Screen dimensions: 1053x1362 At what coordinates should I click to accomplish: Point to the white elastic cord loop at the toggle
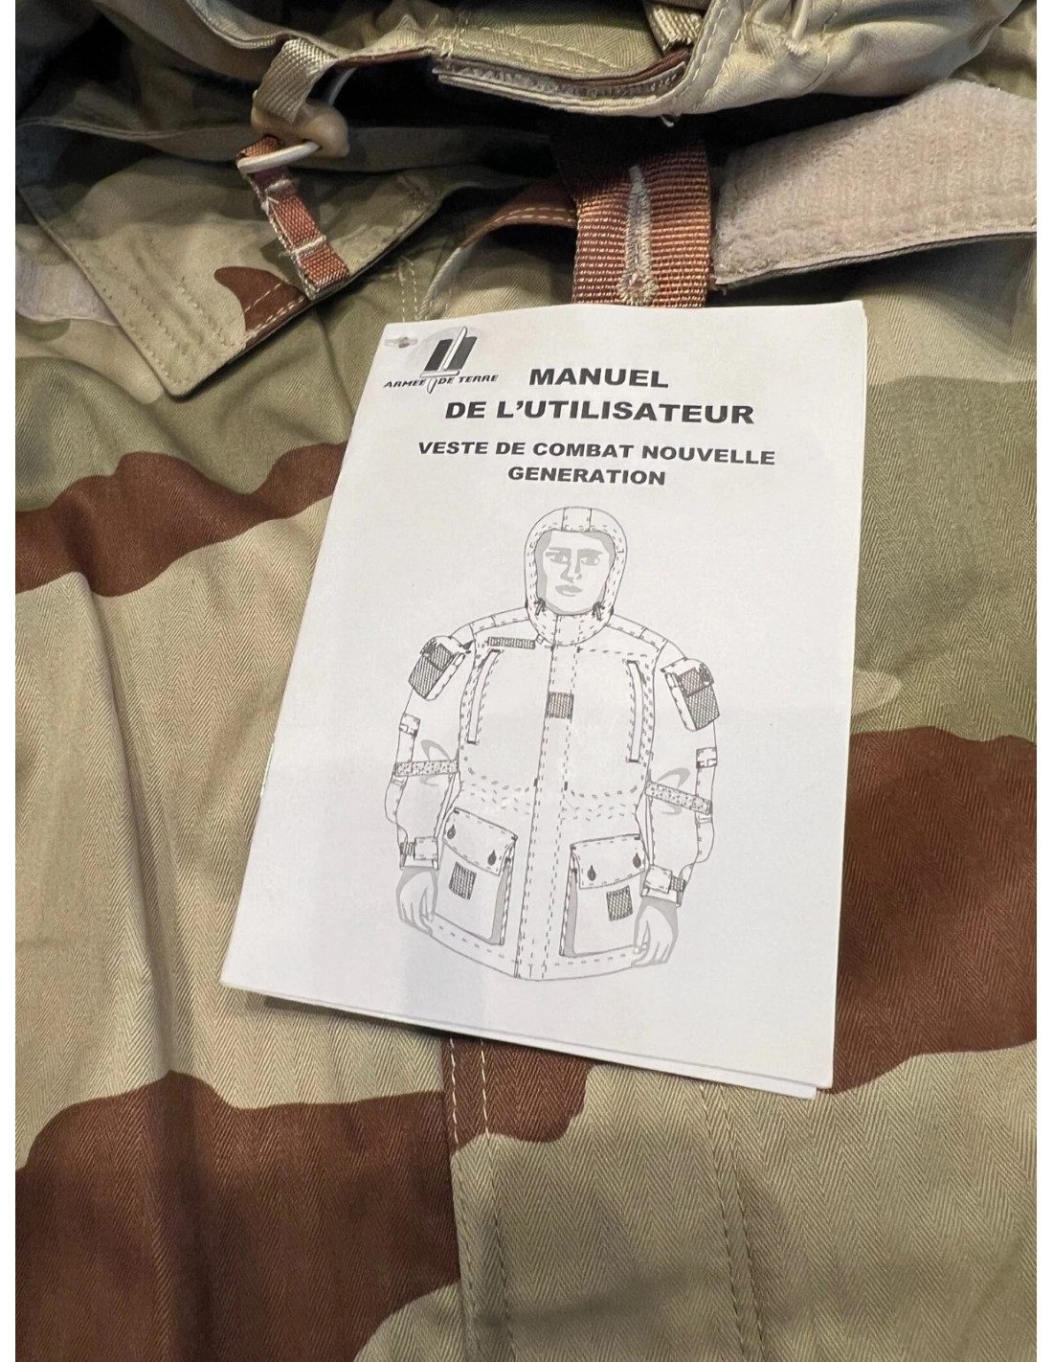click(x=285, y=158)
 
